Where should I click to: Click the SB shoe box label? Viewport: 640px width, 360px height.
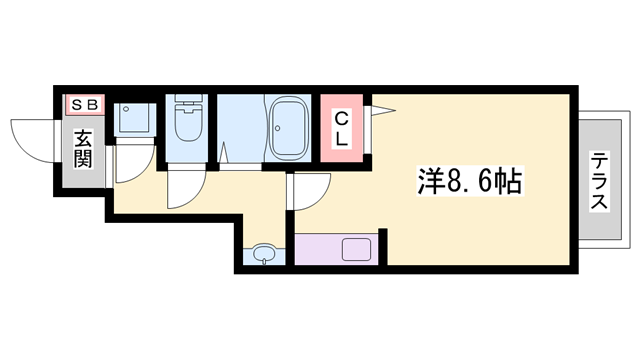tap(85, 105)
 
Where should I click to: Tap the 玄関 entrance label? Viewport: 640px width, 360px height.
tap(83, 149)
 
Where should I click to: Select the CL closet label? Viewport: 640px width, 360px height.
tap(341, 129)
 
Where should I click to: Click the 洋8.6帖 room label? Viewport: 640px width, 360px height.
tap(470, 181)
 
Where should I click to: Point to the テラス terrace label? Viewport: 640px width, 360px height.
tap(599, 180)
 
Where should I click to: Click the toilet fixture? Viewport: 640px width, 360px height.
tap(188, 118)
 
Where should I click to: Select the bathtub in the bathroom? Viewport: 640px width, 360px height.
tap(288, 128)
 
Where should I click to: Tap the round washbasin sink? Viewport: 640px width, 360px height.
tap(264, 254)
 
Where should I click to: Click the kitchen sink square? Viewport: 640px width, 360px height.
tap(356, 249)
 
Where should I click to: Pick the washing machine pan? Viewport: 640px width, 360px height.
tap(135, 118)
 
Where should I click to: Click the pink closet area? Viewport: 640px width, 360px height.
tap(342, 128)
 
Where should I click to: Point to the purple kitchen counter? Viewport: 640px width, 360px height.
tap(336, 249)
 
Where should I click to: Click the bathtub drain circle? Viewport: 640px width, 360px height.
tap(278, 128)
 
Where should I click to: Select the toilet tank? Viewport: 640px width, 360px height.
tap(188, 99)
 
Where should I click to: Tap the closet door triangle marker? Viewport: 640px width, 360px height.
tap(383, 110)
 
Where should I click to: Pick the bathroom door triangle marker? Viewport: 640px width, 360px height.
tap(223, 153)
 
